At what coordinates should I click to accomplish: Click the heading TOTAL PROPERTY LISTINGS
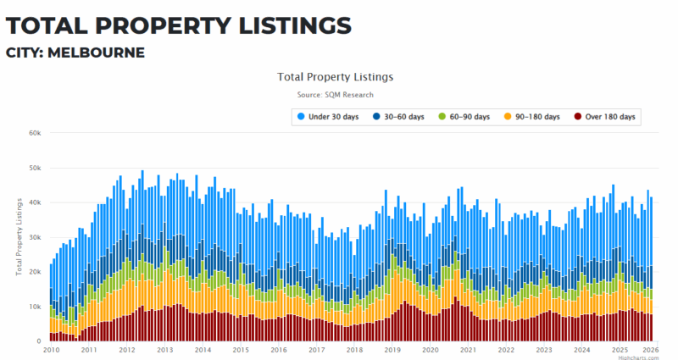click(178, 23)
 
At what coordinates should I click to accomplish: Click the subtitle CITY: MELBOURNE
click(75, 53)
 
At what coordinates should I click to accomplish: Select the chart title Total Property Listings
click(335, 77)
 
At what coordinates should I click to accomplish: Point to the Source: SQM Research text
click(335, 95)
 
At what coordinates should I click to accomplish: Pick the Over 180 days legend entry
click(608, 116)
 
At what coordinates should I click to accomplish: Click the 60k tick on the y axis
click(35, 133)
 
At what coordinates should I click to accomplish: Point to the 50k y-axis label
click(35, 168)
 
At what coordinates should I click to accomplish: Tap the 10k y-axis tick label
click(35, 306)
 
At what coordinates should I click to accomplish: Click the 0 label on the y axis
click(39, 341)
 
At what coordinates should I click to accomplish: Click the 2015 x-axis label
click(241, 349)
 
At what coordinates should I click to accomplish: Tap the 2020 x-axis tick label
click(431, 349)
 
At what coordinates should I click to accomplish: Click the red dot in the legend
click(578, 116)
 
